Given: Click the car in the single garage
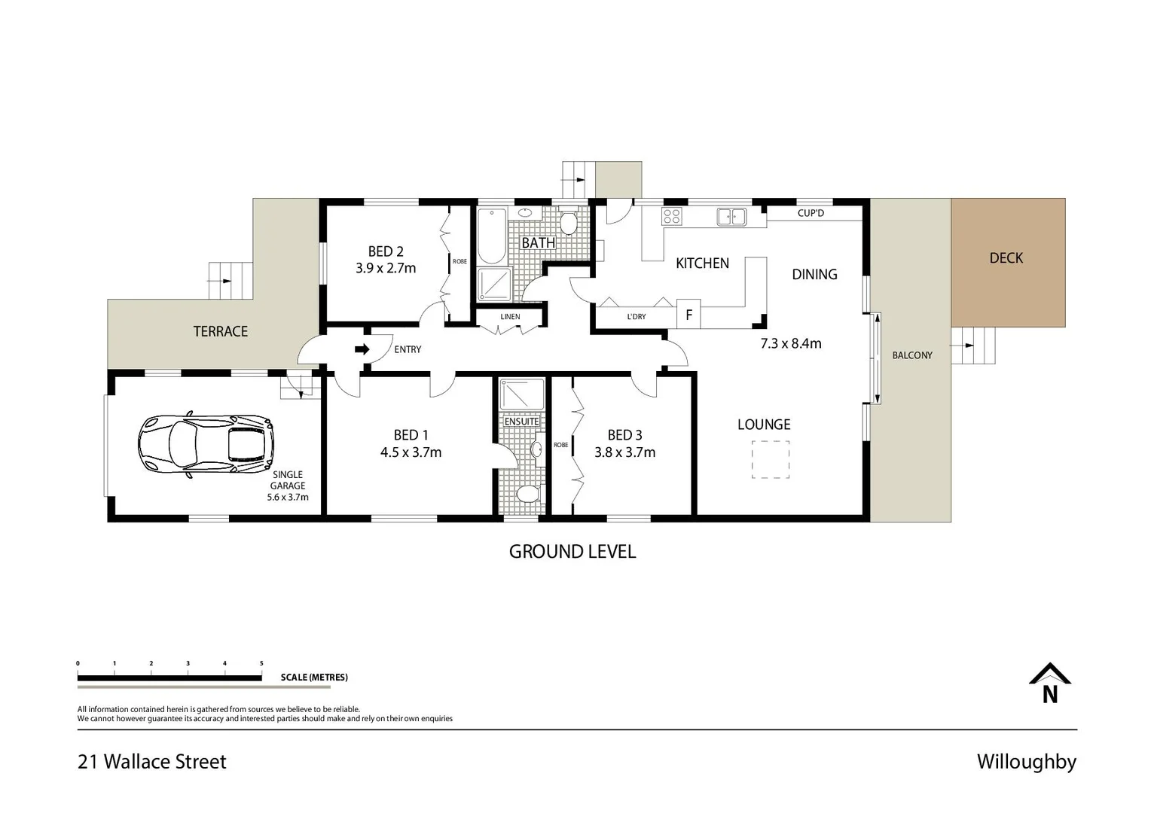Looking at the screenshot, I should tap(205, 445).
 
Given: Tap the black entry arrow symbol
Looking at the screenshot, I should tap(362, 349).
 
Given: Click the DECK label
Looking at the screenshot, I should tap(1006, 258).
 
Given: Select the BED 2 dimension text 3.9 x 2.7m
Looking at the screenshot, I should tap(386, 268).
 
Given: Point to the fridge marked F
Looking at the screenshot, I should tap(688, 315).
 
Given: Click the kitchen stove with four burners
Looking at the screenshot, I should tap(671, 217).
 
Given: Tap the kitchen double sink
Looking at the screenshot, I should tap(731, 217).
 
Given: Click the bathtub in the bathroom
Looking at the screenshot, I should tap(492, 235).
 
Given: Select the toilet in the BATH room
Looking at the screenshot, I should tap(569, 223).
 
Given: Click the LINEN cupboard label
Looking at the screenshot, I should tap(510, 317).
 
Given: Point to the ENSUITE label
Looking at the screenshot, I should tap(521, 422).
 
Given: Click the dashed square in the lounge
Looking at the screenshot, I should tap(771, 460).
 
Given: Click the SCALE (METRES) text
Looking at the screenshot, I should tap(314, 677).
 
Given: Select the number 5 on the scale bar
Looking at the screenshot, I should tap(261, 663).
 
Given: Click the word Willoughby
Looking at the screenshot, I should tap(1026, 762).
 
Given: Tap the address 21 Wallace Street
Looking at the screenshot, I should tap(152, 762).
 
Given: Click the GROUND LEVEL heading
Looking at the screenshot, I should tap(572, 552).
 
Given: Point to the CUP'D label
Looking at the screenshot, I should tap(811, 213).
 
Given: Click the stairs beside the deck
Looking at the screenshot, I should tap(972, 346).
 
